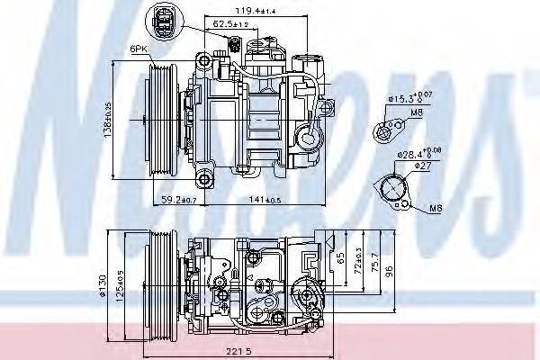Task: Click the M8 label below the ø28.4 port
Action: tap(436, 209)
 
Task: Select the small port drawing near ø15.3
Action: tap(389, 131)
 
